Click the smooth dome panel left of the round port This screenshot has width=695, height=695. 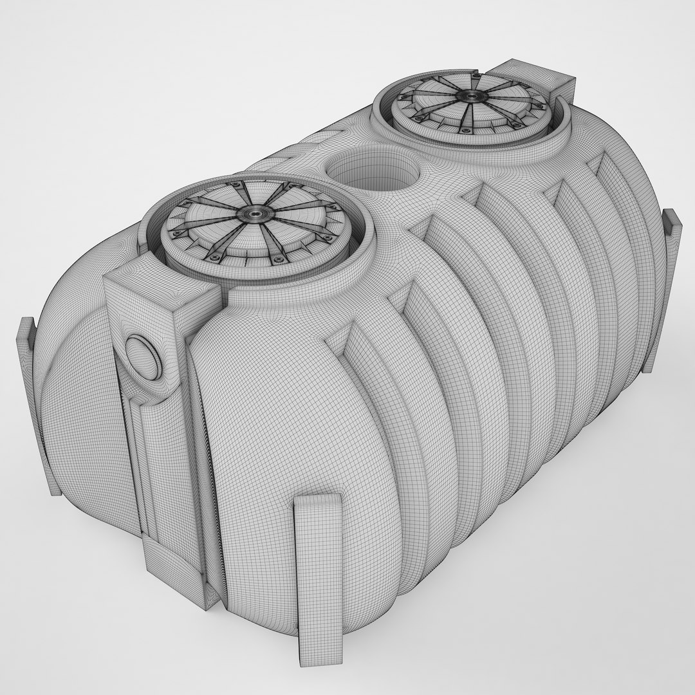tap(77, 399)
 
